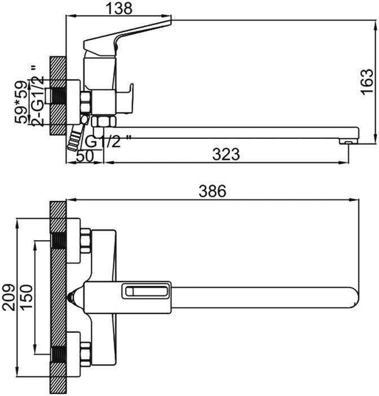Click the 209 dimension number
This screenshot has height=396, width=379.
(x=7, y=297)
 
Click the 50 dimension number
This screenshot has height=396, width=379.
(x=85, y=156)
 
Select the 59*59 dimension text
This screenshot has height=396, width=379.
(x=21, y=102)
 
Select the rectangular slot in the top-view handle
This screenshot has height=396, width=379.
(x=146, y=292)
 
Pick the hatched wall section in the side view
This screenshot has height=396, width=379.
(x=58, y=96)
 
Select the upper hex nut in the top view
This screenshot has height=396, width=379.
(x=85, y=240)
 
